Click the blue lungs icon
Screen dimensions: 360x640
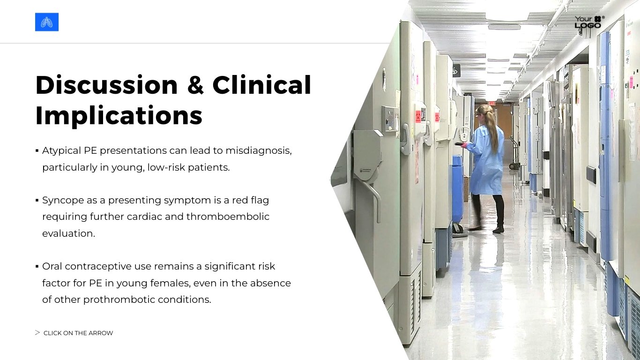click(47, 22)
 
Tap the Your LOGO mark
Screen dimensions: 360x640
click(588, 22)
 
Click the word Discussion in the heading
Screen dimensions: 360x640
click(106, 85)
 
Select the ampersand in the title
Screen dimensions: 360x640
click(195, 85)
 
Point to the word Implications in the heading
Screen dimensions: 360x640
click(119, 115)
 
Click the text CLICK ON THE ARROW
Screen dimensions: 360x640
click(78, 333)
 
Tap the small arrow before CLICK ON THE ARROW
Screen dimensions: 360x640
click(37, 333)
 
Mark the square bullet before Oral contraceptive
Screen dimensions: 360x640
click(37, 266)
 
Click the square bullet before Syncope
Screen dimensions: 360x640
click(37, 200)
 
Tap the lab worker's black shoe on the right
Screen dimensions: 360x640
click(499, 230)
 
